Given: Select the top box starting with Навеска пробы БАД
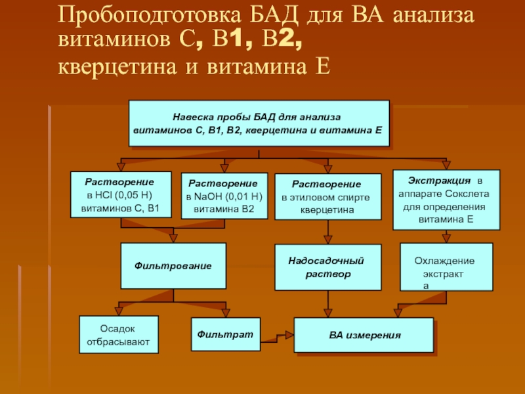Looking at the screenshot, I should pyautogui.click(x=259, y=123).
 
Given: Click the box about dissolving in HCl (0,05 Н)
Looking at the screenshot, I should pyautogui.click(x=120, y=195).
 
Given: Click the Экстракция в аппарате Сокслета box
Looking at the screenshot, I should pyautogui.click(x=446, y=200).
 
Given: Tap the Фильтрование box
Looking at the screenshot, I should pyautogui.click(x=173, y=266).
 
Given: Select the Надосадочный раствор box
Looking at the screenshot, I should pyautogui.click(x=327, y=267).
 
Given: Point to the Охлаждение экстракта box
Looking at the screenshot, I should pyautogui.click(x=446, y=267).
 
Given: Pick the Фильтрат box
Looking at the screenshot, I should pyautogui.click(x=225, y=335).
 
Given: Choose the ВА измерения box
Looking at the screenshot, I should pyautogui.click(x=364, y=336).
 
